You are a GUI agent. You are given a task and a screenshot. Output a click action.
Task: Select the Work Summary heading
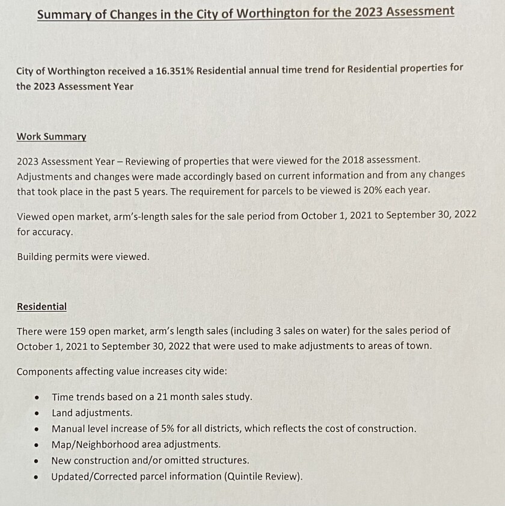(51, 137)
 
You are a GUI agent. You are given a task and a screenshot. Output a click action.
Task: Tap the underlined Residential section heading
(41, 307)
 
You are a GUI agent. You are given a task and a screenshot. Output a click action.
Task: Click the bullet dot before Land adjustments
(37, 413)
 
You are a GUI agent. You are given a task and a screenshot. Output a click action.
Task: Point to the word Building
(36, 257)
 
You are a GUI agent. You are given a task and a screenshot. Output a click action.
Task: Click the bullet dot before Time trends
(37, 398)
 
